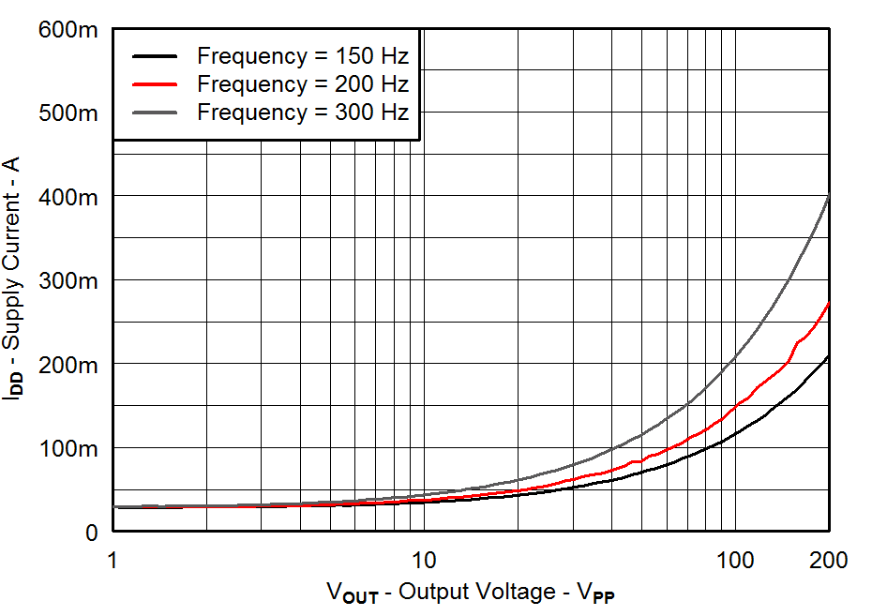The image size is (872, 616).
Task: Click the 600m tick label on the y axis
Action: click(x=68, y=30)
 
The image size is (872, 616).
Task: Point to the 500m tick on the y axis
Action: click(x=68, y=113)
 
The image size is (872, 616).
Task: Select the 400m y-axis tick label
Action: click(x=68, y=197)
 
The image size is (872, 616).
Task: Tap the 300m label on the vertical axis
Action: click(x=68, y=280)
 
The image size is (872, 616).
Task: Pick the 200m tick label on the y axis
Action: click(x=68, y=364)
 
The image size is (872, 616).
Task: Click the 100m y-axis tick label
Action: click(x=68, y=448)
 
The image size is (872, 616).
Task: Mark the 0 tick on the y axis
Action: click(x=90, y=532)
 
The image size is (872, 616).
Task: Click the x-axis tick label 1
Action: click(x=113, y=561)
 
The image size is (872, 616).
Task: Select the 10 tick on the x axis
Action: click(x=424, y=561)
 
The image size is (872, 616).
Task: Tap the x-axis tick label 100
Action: click(x=735, y=561)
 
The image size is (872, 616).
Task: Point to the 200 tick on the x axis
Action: click(x=829, y=561)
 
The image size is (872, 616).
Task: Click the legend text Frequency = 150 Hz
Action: click(x=302, y=55)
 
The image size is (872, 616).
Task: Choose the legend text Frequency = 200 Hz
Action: click(x=302, y=83)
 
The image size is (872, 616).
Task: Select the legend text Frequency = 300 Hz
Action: click(x=302, y=112)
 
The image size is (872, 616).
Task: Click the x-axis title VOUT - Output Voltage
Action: click(x=471, y=593)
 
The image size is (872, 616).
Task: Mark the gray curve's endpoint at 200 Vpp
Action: click(x=829, y=196)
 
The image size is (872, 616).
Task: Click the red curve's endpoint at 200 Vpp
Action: click(x=829, y=303)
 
